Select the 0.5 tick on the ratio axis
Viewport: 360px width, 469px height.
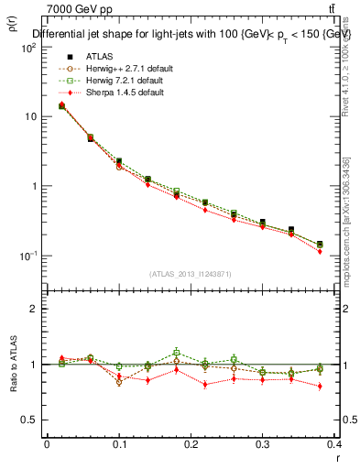[31, 420]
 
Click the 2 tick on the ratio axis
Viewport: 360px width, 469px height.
[34, 309]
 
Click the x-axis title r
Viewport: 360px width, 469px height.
[338, 457]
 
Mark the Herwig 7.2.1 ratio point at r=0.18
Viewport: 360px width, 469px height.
[176, 351]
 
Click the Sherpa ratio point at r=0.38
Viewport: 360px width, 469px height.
[320, 387]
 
